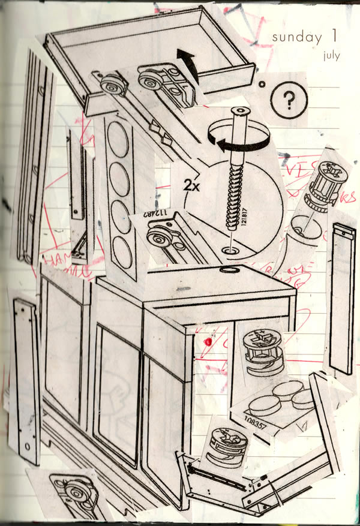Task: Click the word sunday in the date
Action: click(296, 37)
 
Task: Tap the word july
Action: click(331, 56)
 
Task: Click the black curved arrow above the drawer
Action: click(188, 64)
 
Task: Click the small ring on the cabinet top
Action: click(228, 271)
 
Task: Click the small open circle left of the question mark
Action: click(261, 85)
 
